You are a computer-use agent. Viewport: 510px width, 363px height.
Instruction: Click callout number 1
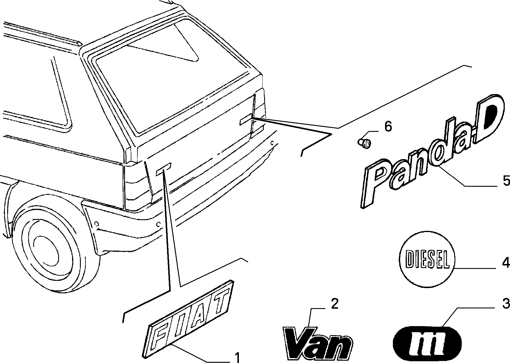coord(237,357)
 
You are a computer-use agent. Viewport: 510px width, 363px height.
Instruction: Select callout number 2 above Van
coord(334,304)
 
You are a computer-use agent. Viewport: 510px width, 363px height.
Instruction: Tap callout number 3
coord(506,304)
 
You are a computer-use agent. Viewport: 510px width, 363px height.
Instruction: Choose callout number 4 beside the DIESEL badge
coord(506,263)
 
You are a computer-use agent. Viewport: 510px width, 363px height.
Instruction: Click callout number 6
coord(388,127)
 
